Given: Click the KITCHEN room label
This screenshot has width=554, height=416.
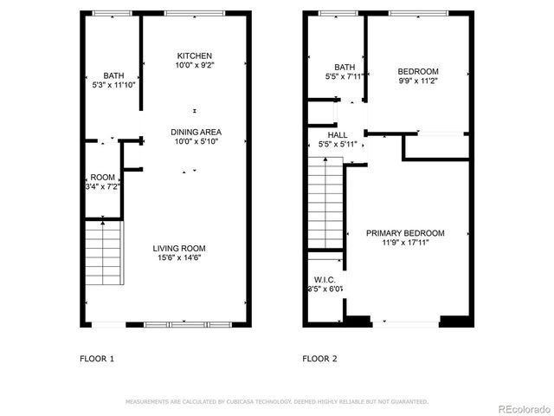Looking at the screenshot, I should tap(194, 55).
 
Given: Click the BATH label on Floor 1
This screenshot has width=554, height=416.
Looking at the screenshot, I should tap(114, 75).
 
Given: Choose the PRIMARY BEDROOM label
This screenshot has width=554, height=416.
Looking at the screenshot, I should tap(405, 233).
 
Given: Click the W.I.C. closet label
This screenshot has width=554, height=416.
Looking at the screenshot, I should tap(324, 279).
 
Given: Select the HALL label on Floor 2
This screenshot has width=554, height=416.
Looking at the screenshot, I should tap(338, 135).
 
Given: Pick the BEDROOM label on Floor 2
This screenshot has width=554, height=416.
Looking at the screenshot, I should tap(418, 71).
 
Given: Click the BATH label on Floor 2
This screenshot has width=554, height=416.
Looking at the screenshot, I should tap(345, 67).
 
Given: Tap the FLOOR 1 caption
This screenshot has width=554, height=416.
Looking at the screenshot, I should tap(97, 358).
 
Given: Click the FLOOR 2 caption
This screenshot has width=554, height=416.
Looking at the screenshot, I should tap(319, 358).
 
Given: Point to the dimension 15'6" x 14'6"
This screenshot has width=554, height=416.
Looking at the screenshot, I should tap(181, 257).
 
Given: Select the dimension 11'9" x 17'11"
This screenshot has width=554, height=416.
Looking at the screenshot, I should tap(405, 244).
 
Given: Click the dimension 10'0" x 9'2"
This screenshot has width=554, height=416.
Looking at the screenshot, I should tap(194, 66).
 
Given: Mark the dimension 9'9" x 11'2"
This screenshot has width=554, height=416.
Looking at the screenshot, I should tap(418, 81).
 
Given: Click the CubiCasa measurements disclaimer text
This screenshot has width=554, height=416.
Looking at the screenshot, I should tap(277, 402).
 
